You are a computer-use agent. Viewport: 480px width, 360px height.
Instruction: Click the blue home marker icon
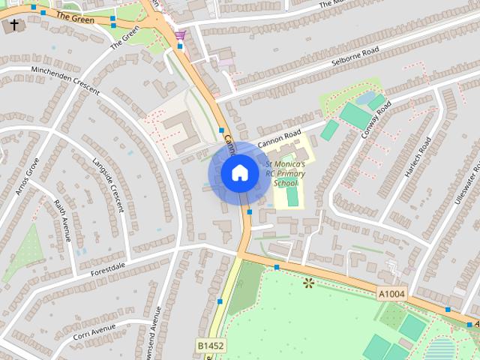[x=239, y=173]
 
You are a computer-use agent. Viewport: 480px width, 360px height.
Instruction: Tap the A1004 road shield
[x=391, y=294]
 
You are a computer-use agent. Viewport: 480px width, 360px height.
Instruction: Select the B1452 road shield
[x=211, y=345]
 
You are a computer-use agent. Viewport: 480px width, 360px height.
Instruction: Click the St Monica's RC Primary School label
[x=285, y=173]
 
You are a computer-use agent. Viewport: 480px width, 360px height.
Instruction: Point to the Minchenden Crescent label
[x=65, y=79]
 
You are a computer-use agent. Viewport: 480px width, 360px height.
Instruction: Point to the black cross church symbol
[x=13, y=25]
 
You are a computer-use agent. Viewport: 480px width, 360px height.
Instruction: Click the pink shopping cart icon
[x=180, y=34]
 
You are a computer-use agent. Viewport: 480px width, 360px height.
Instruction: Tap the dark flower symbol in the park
[x=307, y=283]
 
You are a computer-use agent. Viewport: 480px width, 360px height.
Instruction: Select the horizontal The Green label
[x=75, y=17]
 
